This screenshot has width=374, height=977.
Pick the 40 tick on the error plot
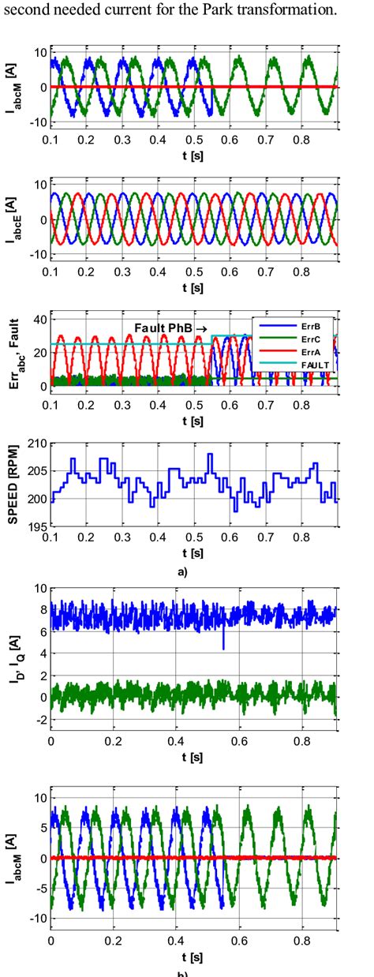[x=38, y=319]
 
